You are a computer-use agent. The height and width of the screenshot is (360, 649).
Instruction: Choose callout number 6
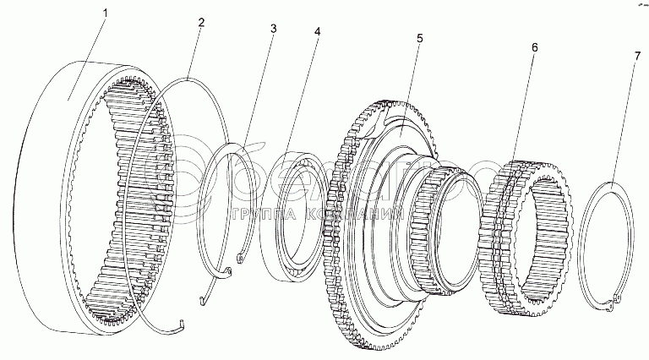[533, 49]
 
